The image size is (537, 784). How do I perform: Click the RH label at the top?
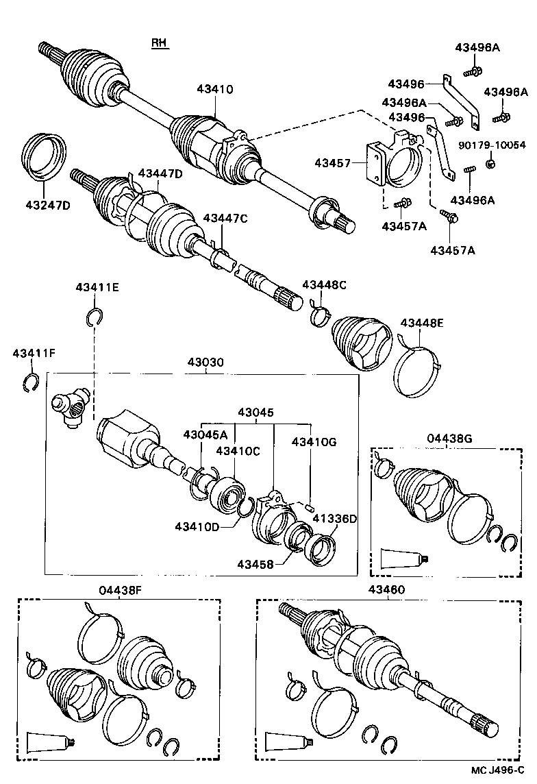click(160, 43)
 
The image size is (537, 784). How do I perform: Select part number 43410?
click(215, 89)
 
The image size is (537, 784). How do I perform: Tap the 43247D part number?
click(48, 205)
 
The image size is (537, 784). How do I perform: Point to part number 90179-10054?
click(492, 145)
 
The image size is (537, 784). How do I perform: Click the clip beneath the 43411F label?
click(30, 384)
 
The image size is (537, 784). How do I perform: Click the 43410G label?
click(314, 443)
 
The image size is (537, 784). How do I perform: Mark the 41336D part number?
click(336, 519)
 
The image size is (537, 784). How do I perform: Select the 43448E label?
click(422, 323)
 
